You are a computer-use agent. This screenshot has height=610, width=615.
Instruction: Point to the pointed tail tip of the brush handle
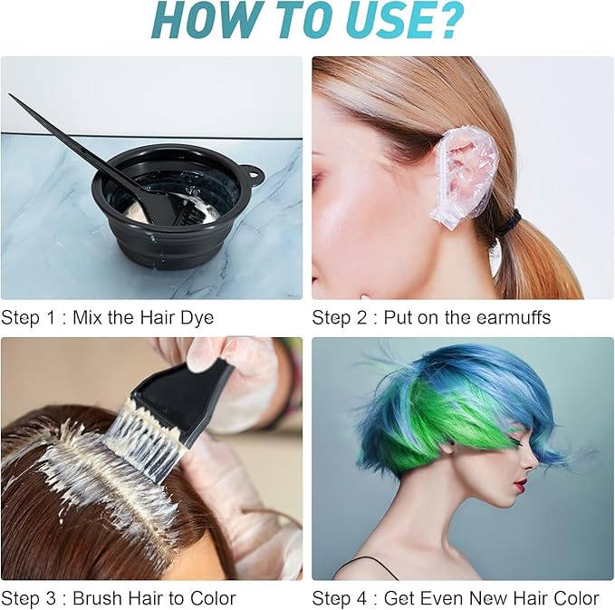(x=13, y=96)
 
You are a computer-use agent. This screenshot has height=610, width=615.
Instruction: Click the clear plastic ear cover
(x=464, y=172)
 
